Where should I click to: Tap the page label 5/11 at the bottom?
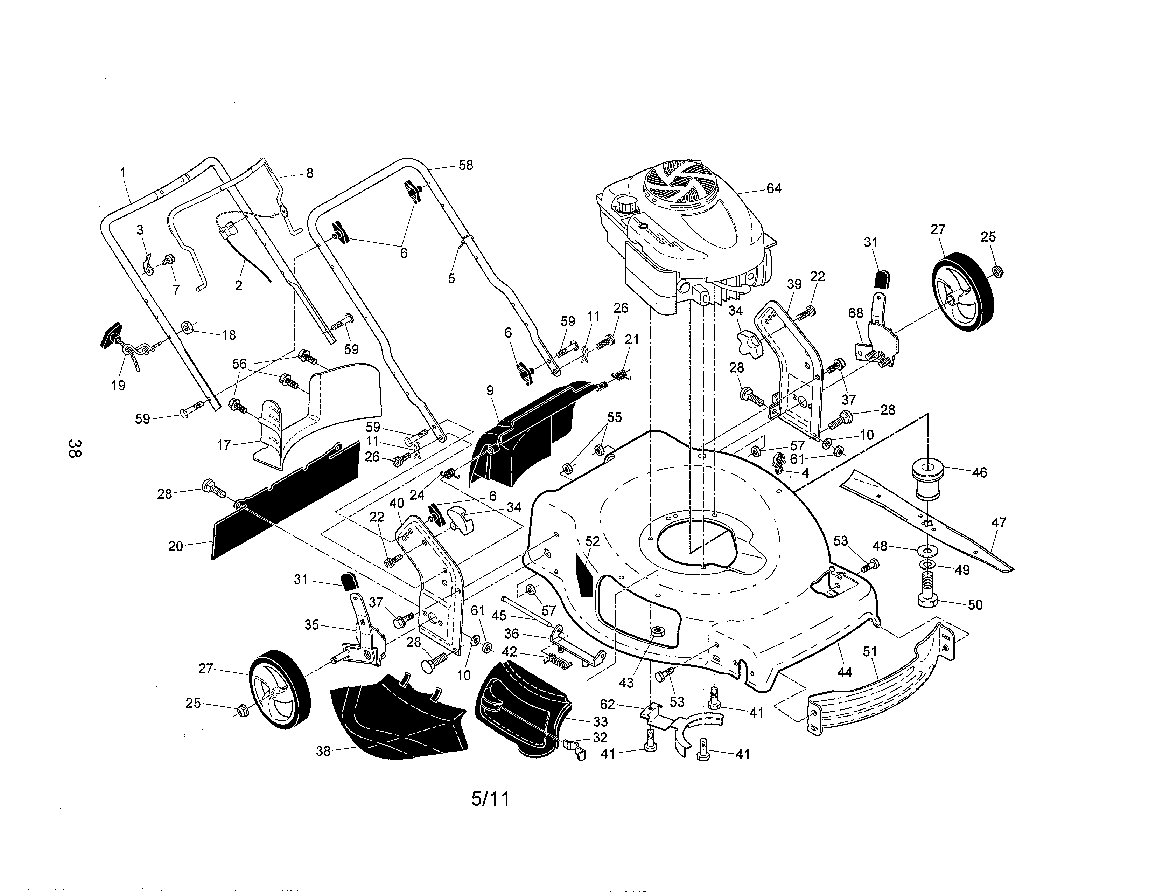point(490,799)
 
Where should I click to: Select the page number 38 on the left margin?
point(75,448)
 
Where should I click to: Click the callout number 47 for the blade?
point(999,523)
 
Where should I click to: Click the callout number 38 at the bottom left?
point(323,751)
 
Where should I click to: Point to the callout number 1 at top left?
point(123,172)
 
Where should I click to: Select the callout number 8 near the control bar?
point(309,173)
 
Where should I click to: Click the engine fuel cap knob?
point(626,204)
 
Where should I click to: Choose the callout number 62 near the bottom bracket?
point(608,704)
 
